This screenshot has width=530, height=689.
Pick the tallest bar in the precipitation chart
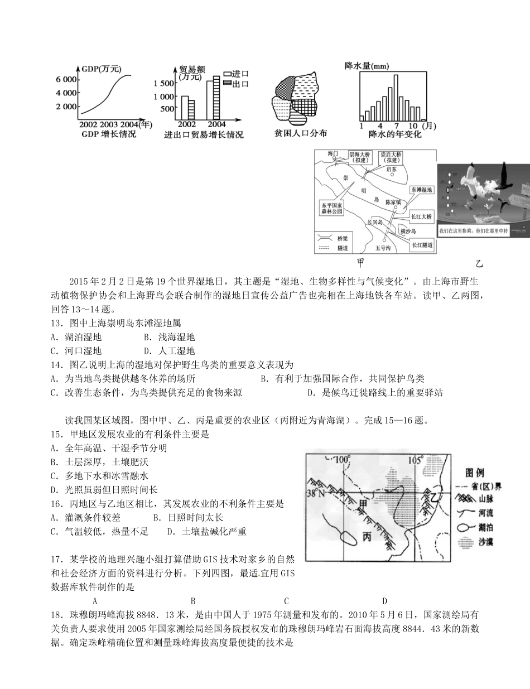click(396, 97)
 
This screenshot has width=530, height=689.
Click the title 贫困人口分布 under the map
click(301, 133)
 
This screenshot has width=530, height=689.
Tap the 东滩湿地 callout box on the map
click(422, 190)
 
